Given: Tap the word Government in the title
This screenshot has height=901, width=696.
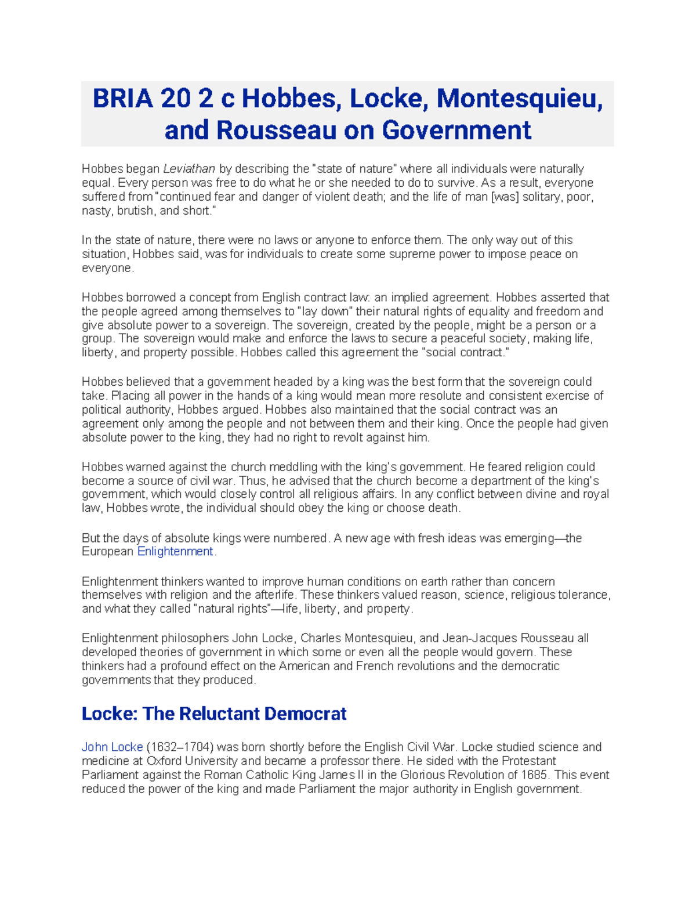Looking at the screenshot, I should pyautogui.click(x=456, y=130).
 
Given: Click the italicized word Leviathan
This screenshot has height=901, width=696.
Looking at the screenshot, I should pyautogui.click(x=189, y=169).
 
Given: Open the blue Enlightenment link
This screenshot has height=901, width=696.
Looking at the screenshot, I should pyautogui.click(x=175, y=552).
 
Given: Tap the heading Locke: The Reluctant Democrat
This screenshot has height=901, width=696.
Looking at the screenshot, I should pyautogui.click(x=214, y=714).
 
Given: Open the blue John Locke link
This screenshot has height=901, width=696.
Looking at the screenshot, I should pyautogui.click(x=112, y=747).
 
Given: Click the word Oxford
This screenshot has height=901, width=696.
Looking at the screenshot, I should pyautogui.click(x=163, y=761).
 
